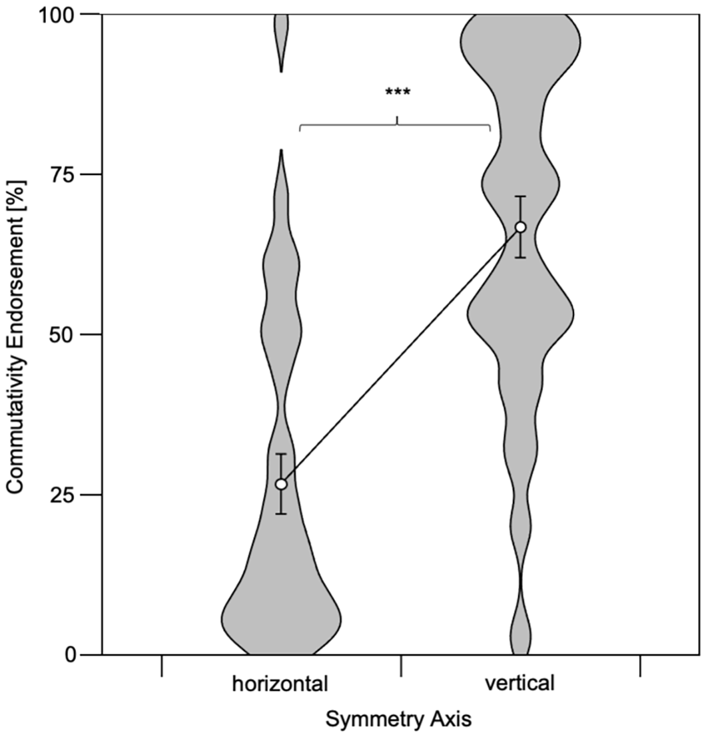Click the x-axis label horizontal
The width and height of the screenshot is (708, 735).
pyautogui.click(x=280, y=684)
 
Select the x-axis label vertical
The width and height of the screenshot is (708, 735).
pyautogui.click(x=520, y=683)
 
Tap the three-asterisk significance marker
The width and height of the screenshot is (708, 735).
pyautogui.click(x=398, y=92)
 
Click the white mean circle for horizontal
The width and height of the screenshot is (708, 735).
pyautogui.click(x=281, y=484)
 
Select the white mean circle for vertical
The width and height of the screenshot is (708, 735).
pyautogui.click(x=520, y=227)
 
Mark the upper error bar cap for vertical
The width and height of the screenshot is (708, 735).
pyautogui.click(x=520, y=197)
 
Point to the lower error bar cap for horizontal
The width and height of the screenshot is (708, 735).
pyautogui.click(x=281, y=514)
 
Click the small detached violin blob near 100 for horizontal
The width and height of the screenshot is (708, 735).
pyautogui.click(x=281, y=40)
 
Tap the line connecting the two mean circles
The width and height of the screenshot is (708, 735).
pyautogui.click(x=401, y=356)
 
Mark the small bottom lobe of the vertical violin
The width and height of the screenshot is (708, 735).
pyautogui.click(x=520, y=635)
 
